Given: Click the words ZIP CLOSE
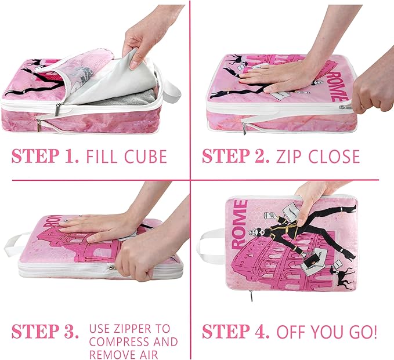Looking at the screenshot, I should pos(319,157).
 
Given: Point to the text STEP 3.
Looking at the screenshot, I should pos(45,332).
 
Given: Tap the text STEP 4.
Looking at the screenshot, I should pos(235,332).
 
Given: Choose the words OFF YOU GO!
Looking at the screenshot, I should pos(327,332).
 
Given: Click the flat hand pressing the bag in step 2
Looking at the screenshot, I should pos(273,75).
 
